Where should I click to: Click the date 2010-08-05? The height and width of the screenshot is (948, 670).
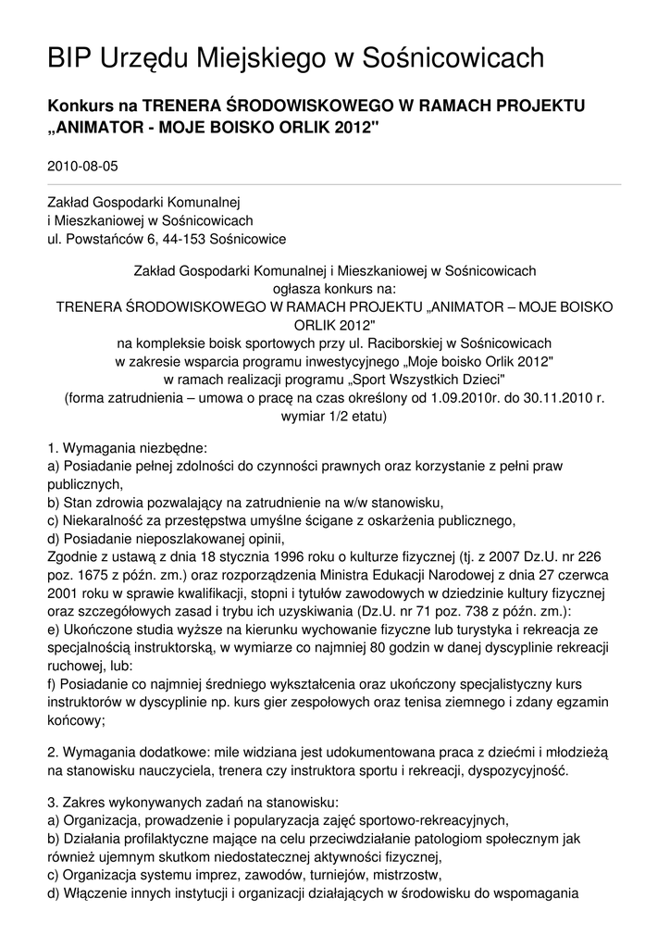tap(82, 167)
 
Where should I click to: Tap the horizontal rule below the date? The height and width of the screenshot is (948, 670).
tap(334, 184)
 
